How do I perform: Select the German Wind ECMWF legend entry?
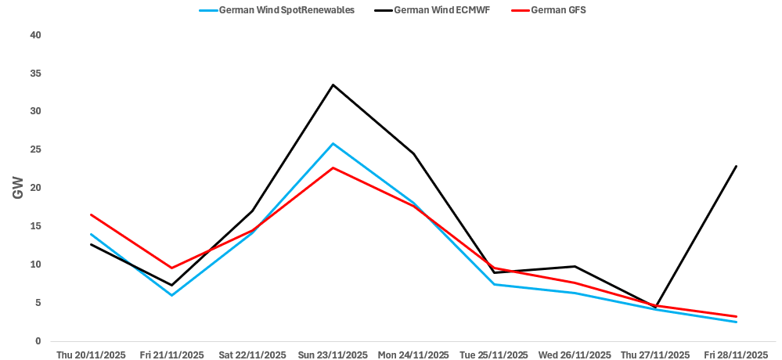[x=442, y=9]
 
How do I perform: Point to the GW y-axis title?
[x=17, y=188]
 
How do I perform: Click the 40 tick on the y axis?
[x=35, y=35]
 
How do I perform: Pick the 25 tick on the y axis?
[x=35, y=149]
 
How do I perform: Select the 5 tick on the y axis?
[x=38, y=303]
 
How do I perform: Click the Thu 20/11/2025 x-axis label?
[x=91, y=355]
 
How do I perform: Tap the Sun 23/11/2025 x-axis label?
[x=333, y=355]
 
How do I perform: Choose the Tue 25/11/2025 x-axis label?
[x=494, y=355]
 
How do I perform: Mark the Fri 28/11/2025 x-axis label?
[x=736, y=355]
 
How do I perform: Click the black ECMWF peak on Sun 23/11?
[x=333, y=85]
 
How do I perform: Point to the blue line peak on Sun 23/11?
[x=333, y=143]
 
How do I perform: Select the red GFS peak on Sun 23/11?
[x=333, y=167]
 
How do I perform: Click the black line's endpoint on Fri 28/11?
[x=736, y=166]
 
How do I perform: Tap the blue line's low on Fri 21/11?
[x=171, y=295]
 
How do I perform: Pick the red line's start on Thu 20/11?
[x=91, y=214]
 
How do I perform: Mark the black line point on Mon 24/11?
[x=413, y=153]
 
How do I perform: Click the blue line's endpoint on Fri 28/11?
[x=736, y=322]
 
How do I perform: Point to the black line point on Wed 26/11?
[x=575, y=266]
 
